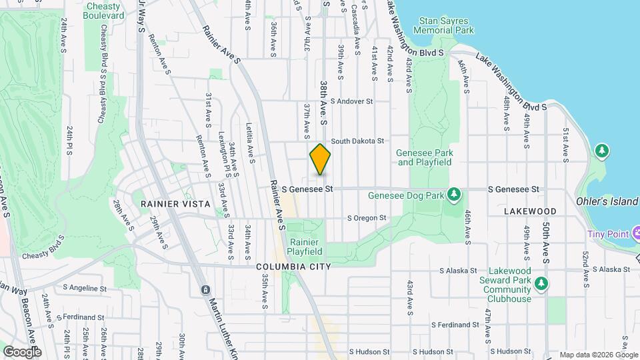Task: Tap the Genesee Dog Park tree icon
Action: (455, 195)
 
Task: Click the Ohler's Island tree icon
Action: (602, 151)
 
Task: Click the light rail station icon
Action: (205, 290)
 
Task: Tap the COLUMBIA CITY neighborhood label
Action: (293, 267)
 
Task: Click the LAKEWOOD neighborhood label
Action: (530, 211)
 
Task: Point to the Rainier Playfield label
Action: (305, 247)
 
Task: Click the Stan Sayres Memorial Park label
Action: (443, 25)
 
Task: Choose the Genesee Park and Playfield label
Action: (424, 157)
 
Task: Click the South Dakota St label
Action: (358, 141)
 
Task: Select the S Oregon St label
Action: (366, 218)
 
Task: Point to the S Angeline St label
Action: (85, 289)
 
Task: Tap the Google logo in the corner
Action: (21, 351)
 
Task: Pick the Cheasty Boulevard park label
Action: (105, 10)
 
